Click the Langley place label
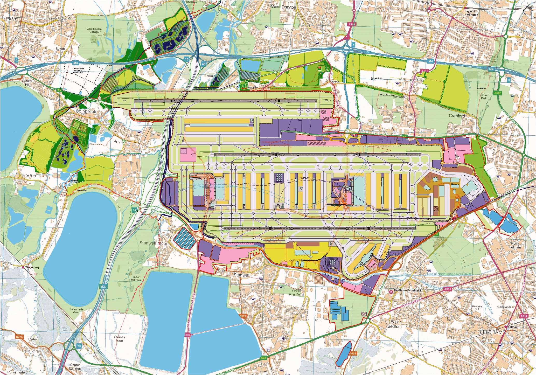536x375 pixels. (9, 18)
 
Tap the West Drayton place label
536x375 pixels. (283, 7)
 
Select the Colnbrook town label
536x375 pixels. (86, 111)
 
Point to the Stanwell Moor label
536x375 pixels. (153, 243)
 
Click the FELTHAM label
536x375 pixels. (491, 332)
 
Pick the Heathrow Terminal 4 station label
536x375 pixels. (407, 290)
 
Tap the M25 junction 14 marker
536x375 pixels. (134, 210)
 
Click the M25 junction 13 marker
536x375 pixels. (79, 346)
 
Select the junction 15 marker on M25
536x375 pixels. (186, 59)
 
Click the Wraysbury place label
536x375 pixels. (32, 267)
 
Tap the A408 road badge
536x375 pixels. (352, 24)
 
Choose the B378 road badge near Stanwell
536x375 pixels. (243, 316)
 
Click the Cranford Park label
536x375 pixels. (484, 96)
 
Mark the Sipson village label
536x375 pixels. (335, 81)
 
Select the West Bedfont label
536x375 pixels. (296, 292)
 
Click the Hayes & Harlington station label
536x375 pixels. (471, 13)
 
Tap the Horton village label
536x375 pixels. (29, 176)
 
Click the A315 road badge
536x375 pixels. (447, 289)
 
